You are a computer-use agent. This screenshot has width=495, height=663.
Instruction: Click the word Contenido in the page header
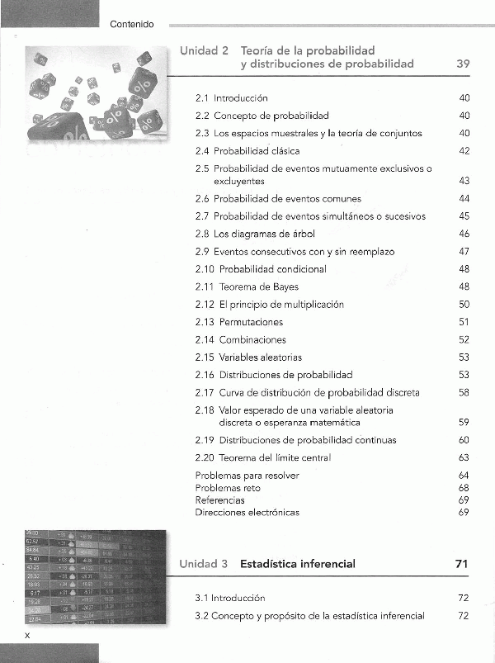coord(132,25)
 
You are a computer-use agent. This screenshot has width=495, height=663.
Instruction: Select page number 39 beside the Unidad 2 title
coord(463,64)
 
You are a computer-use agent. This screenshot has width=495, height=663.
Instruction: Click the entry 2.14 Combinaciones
coord(241,339)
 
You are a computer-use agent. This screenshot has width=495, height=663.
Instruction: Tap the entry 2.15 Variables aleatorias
coord(248,358)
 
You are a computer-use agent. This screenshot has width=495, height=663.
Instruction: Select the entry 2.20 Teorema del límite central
coord(263,457)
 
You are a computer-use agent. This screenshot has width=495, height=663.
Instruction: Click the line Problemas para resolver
coord(247,476)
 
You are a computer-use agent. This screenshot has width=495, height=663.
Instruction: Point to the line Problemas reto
coord(227,488)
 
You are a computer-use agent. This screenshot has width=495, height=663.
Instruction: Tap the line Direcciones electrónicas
coord(247,512)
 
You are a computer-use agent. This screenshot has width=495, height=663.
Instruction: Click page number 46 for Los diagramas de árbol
coord(464,234)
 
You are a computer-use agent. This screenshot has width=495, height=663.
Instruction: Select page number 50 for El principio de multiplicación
coord(464,305)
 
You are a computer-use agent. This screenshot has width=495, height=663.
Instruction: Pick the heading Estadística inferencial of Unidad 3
coord(298,565)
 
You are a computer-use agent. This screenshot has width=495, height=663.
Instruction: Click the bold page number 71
coord(462,565)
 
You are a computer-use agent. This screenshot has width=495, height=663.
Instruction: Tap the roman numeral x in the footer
coord(27,635)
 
